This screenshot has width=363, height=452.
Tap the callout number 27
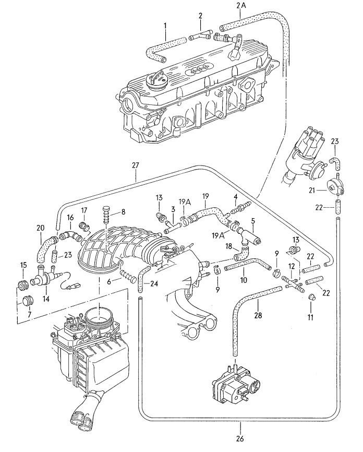click(x=136, y=166)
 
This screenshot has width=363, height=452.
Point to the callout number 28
click(x=258, y=315)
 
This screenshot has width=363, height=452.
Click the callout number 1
click(x=165, y=26)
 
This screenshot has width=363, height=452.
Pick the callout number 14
click(x=46, y=299)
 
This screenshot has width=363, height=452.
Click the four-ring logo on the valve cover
click(x=197, y=70)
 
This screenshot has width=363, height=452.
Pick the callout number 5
click(x=253, y=221)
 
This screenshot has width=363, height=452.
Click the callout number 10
click(x=244, y=279)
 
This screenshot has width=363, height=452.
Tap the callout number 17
click(x=84, y=211)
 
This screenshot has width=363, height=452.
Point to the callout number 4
click(x=236, y=197)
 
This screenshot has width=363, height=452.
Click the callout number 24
click(x=154, y=284)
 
